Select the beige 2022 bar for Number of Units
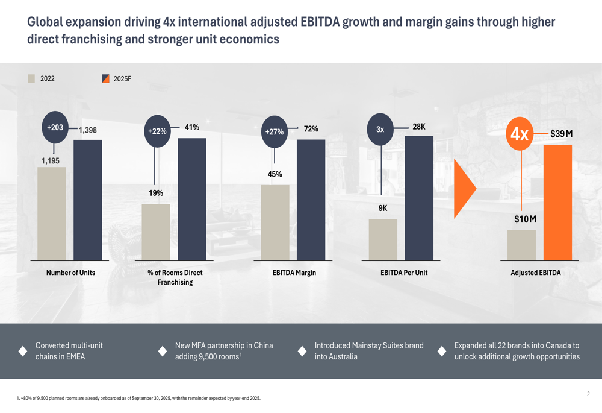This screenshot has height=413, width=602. (x=52, y=213)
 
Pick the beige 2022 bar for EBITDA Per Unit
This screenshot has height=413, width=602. (x=383, y=239)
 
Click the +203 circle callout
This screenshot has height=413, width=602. (x=55, y=128)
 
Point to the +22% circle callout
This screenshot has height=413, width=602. (x=157, y=131)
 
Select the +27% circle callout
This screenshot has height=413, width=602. (x=275, y=131)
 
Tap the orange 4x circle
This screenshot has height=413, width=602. (x=520, y=134)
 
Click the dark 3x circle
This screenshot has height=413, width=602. (x=380, y=129)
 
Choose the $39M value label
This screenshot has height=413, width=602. (x=561, y=134)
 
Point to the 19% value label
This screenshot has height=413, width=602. (x=156, y=193)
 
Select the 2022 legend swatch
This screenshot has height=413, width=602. (x=31, y=78)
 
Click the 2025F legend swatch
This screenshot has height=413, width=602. (x=105, y=78)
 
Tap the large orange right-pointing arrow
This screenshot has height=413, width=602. (x=464, y=189)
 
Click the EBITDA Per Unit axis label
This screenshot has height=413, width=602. (x=404, y=273)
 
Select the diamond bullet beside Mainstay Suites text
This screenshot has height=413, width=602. (x=302, y=351)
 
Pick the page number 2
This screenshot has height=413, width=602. (x=588, y=394)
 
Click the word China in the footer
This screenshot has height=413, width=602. (x=263, y=345)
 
